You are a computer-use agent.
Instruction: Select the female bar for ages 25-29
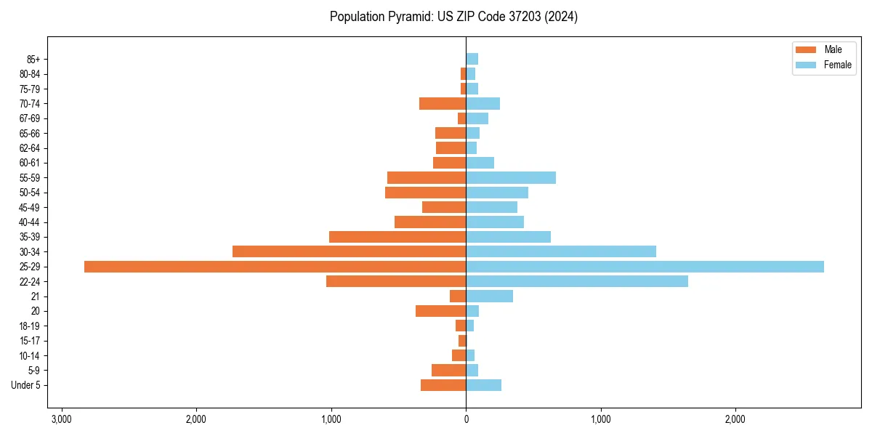pos(645,267)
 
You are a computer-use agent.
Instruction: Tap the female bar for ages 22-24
pos(577,281)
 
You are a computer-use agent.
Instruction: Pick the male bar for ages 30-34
pos(349,251)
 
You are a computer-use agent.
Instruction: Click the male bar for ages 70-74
pos(443,103)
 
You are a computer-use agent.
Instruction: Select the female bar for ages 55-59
pos(511,177)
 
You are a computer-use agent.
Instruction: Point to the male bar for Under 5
pos(443,385)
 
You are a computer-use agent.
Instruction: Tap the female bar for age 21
pos(489,296)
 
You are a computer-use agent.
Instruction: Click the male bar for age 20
pos(440,311)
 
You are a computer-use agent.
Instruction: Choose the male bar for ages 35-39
pos(397,237)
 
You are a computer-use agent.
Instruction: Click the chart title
pos(453,17)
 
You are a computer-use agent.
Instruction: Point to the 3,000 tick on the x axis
pos(62,419)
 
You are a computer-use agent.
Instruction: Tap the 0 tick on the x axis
pos(466,419)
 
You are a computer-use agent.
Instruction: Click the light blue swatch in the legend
pos(806,65)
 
